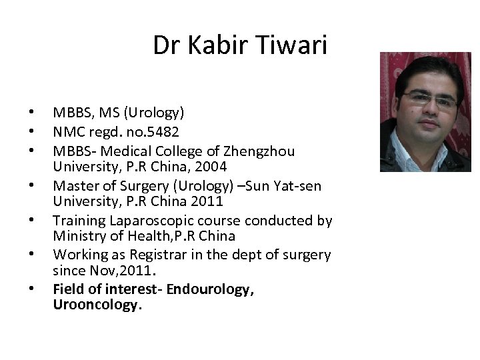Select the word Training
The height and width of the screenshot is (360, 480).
point(77,219)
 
